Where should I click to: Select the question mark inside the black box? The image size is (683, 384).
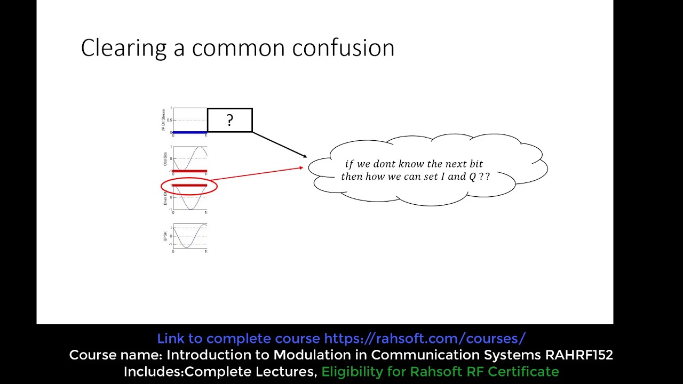pos(229,121)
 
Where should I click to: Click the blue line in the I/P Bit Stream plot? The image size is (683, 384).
pos(189,132)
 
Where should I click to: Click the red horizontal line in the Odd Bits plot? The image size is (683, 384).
pos(189,171)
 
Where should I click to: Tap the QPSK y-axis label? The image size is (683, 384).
pos(165,236)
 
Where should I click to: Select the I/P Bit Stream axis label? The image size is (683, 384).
pos(163,121)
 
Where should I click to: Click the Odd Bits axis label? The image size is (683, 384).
pos(165,159)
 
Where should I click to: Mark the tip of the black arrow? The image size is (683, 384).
pos(307,157)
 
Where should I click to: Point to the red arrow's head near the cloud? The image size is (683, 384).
pos(302,167)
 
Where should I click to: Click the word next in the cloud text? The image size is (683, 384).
pos(451,164)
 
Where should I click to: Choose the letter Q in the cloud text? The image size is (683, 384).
pos(472,177)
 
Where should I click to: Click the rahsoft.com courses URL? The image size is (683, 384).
pos(425,339)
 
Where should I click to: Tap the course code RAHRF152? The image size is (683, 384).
pos(578,355)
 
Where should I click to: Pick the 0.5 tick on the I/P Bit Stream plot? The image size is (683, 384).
pos(169,120)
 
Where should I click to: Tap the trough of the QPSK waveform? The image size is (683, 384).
pos(186,247)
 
